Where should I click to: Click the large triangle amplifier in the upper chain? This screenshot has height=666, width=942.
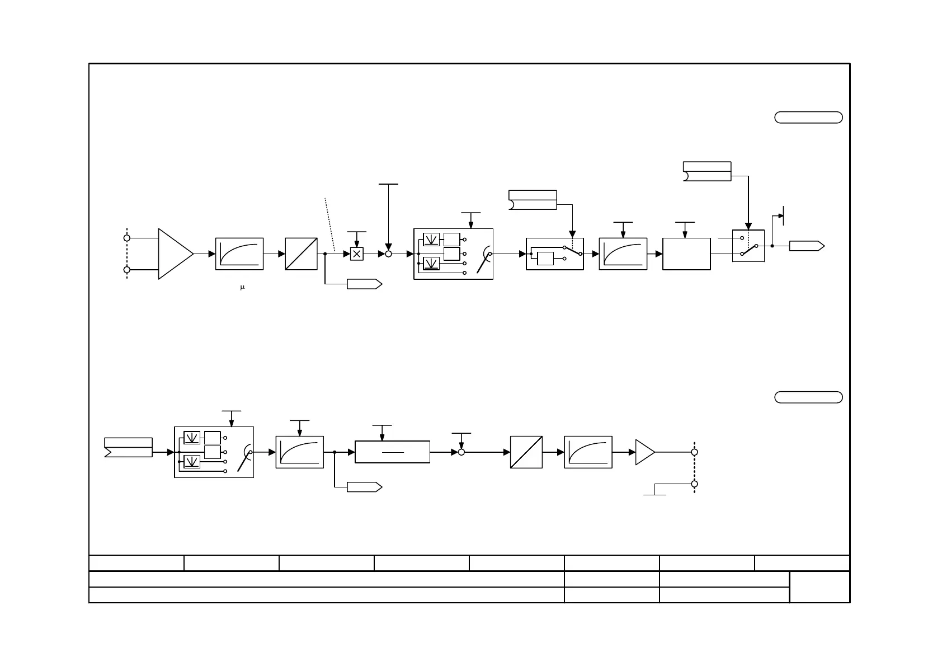click(175, 254)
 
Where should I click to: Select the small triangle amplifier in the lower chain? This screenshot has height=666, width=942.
click(644, 452)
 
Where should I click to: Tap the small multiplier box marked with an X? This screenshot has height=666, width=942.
click(356, 254)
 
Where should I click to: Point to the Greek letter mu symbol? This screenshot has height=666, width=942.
click(242, 288)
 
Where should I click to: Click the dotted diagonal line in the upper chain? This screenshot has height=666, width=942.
click(329, 224)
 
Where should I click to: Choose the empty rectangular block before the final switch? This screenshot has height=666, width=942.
click(686, 254)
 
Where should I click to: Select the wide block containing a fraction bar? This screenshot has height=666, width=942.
click(392, 452)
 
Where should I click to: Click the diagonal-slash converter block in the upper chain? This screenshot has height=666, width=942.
click(301, 254)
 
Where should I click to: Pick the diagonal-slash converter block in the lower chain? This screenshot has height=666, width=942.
click(526, 452)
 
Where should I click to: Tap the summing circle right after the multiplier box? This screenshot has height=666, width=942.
click(388, 254)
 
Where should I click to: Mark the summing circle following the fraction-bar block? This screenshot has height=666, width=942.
click(461, 452)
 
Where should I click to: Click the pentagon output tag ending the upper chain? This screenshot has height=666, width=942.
click(806, 246)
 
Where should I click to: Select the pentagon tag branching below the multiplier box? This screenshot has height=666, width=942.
click(364, 284)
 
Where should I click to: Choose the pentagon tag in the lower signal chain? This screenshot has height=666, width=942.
click(364, 487)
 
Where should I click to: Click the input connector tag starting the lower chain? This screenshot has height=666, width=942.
click(128, 447)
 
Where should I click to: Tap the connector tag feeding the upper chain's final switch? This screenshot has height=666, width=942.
click(707, 171)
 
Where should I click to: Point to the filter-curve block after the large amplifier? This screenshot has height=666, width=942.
click(239, 254)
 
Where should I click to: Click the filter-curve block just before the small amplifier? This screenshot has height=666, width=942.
click(588, 452)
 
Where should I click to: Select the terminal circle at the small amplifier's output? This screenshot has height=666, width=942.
click(694, 452)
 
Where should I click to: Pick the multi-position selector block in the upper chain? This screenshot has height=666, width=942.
click(453, 254)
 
